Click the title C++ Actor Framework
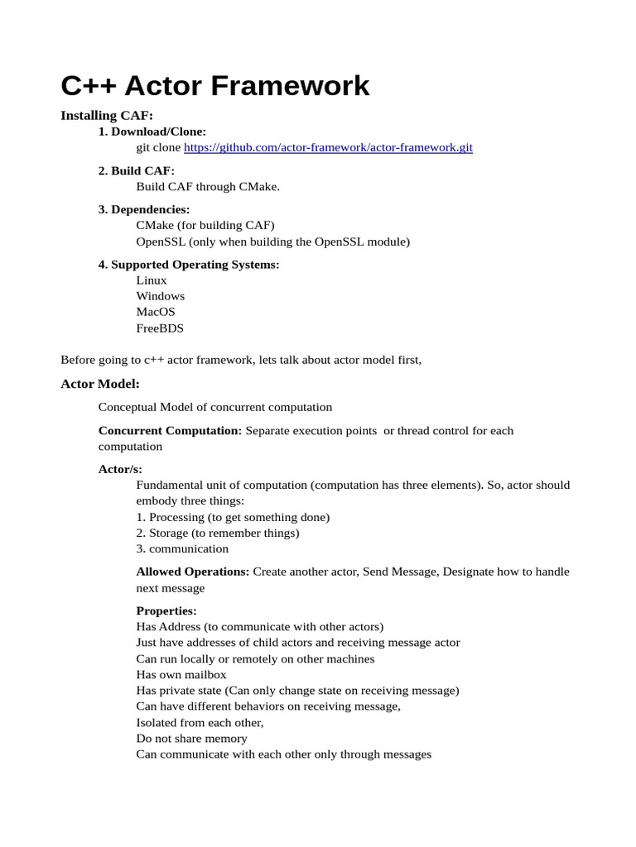[x=215, y=85]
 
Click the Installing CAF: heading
[x=107, y=116]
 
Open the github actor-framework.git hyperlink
[x=328, y=147]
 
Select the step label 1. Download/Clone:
[x=152, y=132]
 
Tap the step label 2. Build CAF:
[x=137, y=171]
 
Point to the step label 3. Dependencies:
[x=144, y=210]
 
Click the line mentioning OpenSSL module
[x=272, y=242]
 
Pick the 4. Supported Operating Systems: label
[x=189, y=265]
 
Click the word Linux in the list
[x=152, y=280]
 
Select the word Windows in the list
[x=161, y=296]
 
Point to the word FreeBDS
[x=160, y=328]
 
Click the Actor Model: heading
[x=100, y=385]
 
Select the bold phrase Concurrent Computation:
[x=170, y=431]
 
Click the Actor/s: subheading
[x=120, y=469]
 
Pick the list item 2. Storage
[x=218, y=533]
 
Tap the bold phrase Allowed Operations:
[x=192, y=572]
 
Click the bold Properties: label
[x=166, y=611]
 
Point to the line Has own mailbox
[x=181, y=675]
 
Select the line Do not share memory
[x=191, y=739]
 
